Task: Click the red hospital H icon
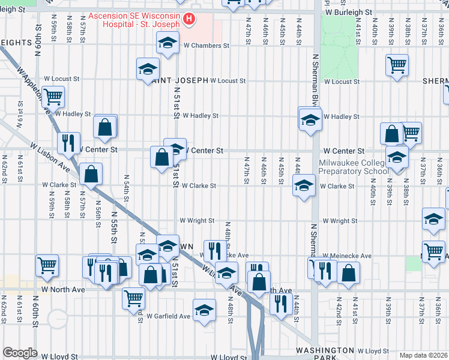190,19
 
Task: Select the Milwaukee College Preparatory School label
354,167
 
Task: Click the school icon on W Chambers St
167,43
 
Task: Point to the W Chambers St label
206,45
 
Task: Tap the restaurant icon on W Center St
68,143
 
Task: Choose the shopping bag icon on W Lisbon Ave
90,175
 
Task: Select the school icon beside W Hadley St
310,119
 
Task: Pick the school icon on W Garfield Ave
205,311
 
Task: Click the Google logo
20,353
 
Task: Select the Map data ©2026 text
423,355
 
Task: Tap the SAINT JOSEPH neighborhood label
180,80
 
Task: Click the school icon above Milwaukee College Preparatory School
397,158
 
